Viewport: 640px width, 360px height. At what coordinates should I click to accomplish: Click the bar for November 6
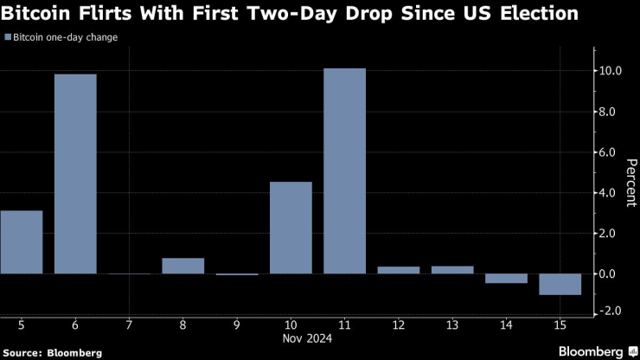(75, 173)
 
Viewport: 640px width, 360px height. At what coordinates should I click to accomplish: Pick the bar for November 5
(22, 242)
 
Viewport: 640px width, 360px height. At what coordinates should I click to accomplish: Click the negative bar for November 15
(560, 284)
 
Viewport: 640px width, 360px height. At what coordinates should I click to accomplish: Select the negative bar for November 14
(506, 279)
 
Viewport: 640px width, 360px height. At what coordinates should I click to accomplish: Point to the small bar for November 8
(182, 266)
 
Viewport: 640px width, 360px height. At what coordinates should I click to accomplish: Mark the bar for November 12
(398, 270)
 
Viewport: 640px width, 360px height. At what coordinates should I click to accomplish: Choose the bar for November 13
(451, 270)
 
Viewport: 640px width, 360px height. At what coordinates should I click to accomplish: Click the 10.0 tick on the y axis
(611, 71)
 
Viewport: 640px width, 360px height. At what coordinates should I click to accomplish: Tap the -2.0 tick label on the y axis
(611, 312)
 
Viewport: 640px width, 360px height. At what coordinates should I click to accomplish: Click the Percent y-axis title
(631, 183)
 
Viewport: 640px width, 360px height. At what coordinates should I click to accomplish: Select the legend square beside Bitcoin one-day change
(8, 38)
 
